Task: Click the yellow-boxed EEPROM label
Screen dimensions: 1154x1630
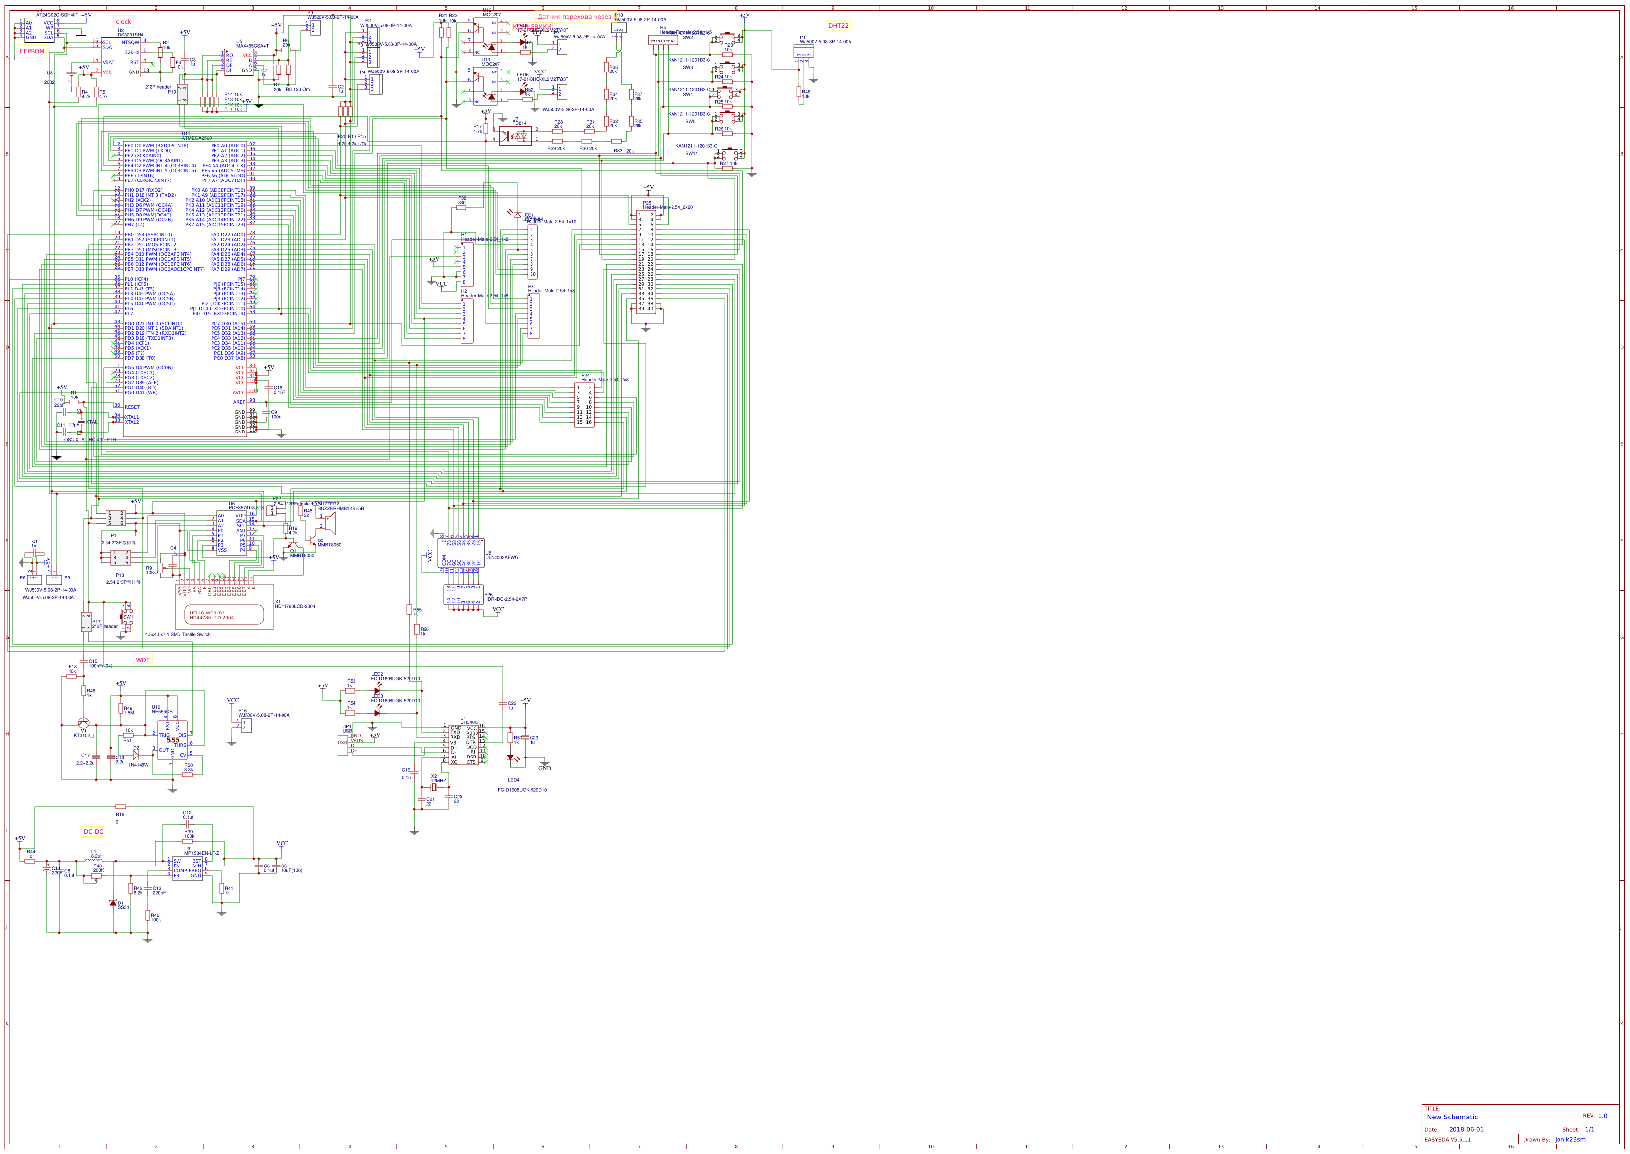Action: tap(32, 51)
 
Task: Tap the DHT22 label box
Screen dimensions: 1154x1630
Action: tap(838, 26)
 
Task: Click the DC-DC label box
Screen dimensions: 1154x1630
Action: tap(93, 832)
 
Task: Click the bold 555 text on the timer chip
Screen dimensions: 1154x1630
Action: tap(173, 740)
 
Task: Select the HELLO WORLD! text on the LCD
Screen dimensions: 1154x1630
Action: tap(207, 613)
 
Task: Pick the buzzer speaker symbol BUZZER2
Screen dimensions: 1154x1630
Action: tap(329, 524)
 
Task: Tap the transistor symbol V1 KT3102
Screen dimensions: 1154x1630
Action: tap(84, 722)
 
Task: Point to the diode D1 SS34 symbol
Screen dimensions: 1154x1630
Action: tap(113, 903)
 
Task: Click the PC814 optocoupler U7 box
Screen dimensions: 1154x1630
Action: tap(515, 136)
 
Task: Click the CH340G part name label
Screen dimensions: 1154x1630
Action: tap(469, 722)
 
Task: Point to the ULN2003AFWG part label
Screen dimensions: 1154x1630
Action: tap(501, 558)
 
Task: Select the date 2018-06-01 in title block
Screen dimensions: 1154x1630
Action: tap(1466, 1129)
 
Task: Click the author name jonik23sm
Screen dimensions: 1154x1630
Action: tap(1570, 1140)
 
